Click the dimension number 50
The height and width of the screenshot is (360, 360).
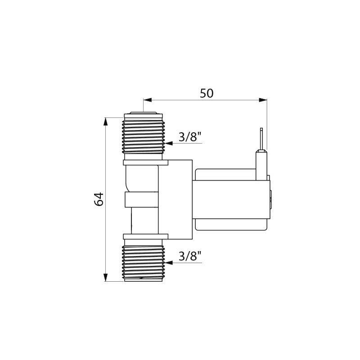(x=207, y=93)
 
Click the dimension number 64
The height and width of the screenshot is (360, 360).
(x=99, y=199)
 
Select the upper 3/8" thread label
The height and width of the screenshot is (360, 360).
(x=189, y=137)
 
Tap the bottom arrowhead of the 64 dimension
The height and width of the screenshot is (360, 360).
(x=106, y=278)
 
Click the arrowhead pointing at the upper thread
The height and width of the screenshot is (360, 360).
(x=169, y=144)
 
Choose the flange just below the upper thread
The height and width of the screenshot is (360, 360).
(x=145, y=162)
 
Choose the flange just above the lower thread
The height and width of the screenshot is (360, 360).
(x=145, y=236)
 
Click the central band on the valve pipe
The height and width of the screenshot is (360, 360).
(x=142, y=199)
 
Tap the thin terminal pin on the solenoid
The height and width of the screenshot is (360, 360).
(x=261, y=139)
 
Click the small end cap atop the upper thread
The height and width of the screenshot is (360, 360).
(x=143, y=112)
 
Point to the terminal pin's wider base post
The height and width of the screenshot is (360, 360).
(x=261, y=165)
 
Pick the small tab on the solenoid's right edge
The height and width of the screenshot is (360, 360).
(x=270, y=200)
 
